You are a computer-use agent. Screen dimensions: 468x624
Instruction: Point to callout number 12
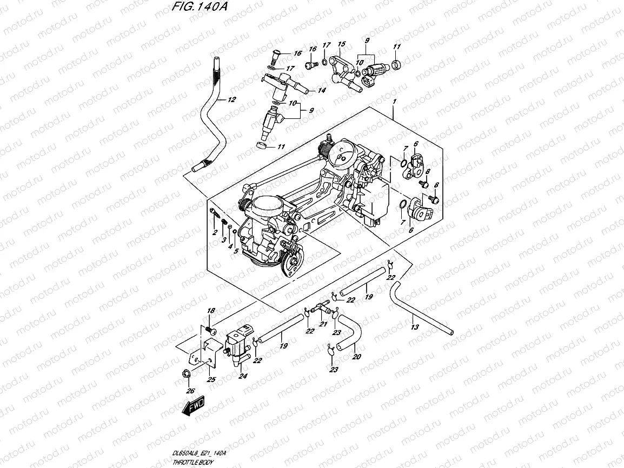click(232, 99)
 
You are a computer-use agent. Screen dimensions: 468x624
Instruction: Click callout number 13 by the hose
click(415, 327)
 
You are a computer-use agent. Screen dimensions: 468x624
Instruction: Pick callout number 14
click(322, 91)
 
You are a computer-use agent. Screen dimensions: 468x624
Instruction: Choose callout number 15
click(341, 44)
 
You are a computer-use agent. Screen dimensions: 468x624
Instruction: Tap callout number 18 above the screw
click(211, 311)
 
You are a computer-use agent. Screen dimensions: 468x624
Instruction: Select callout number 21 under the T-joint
click(323, 324)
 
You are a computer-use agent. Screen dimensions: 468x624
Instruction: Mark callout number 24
click(243, 376)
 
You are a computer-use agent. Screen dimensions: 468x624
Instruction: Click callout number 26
click(189, 391)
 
